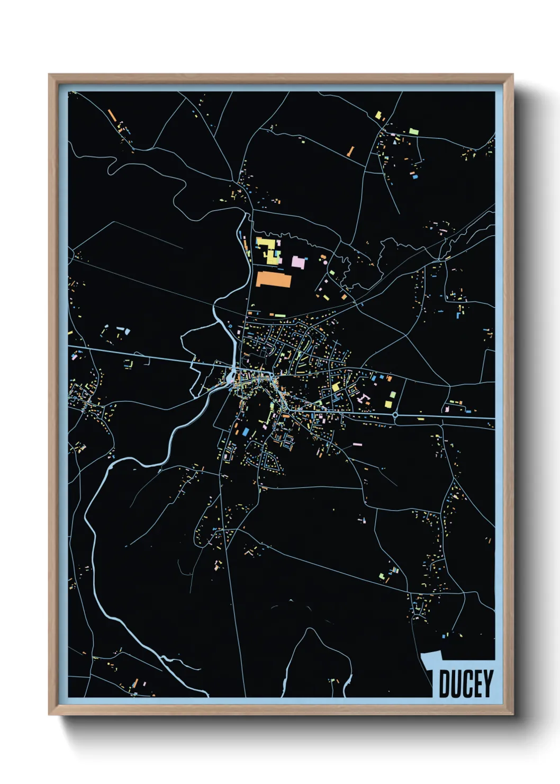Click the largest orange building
[x=274, y=280]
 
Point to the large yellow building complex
[x=269, y=251]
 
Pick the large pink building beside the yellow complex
[x=298, y=261]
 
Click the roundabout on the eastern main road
[x=397, y=416]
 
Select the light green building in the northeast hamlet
[x=413, y=131]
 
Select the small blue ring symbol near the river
[x=230, y=325]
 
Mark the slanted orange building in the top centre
[x=350, y=151]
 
